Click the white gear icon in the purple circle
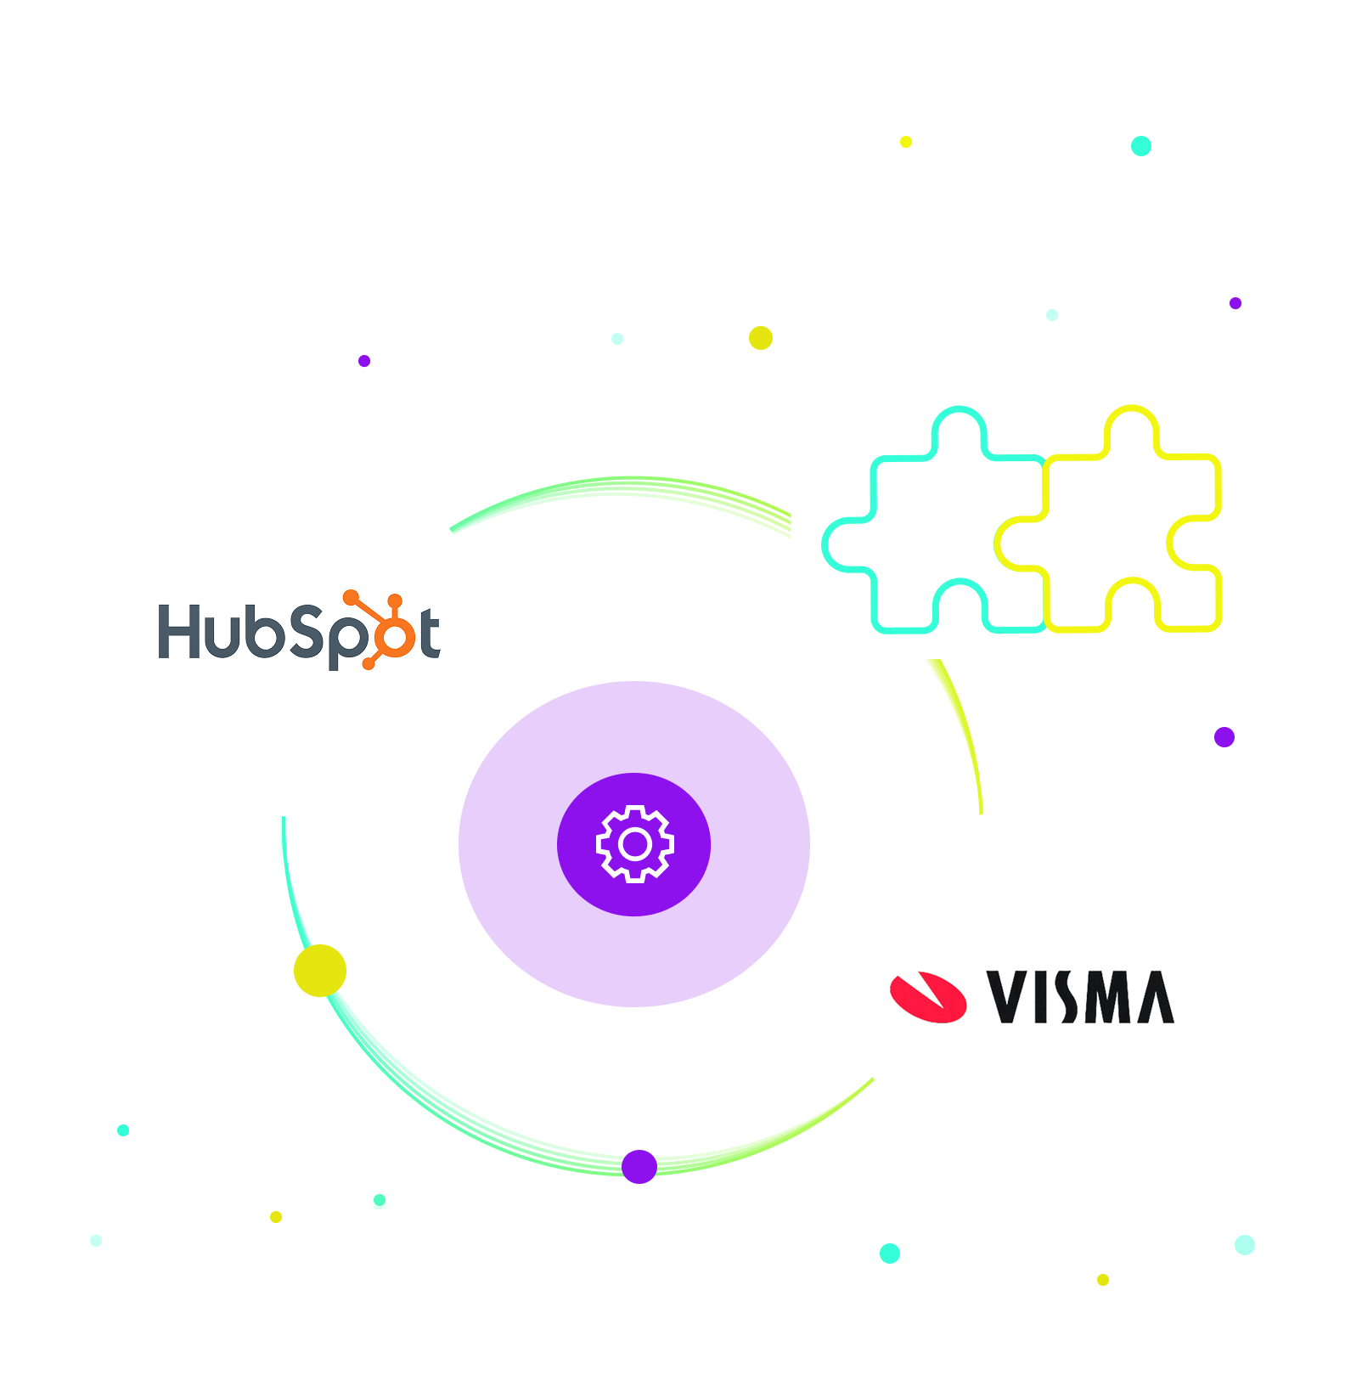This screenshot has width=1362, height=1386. click(634, 844)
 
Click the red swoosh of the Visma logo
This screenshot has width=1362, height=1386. click(928, 996)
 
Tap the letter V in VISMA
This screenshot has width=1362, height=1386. click(1008, 997)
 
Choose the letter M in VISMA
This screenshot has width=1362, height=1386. click(1107, 997)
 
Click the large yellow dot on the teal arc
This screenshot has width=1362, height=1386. click(320, 970)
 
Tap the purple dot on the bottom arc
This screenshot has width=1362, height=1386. click(639, 1166)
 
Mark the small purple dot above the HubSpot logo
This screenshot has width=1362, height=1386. click(364, 361)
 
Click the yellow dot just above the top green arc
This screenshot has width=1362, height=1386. click(761, 338)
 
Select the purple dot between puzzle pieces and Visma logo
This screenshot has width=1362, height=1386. click(1224, 737)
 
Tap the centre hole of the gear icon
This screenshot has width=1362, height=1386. click(635, 844)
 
